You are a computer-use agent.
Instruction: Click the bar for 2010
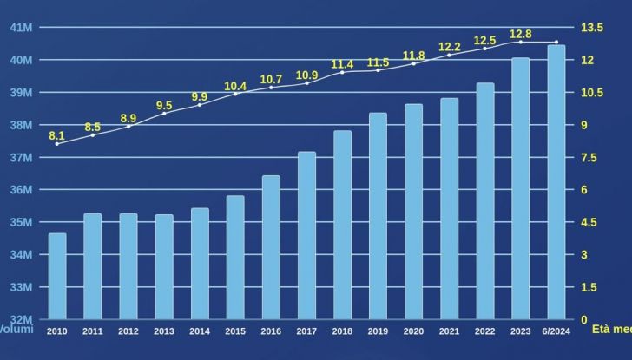pos(57,276)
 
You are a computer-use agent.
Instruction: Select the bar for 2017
pos(306,235)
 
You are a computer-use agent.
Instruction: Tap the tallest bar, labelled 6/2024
pos(556,182)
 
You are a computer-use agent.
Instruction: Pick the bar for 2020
pos(413,212)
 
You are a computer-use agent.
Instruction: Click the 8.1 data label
pos(56,135)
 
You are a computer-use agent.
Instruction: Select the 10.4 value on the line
pos(235,86)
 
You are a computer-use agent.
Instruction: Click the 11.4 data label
pos(342,64)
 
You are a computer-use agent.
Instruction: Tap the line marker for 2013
pos(164,114)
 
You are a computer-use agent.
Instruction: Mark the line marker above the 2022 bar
pos(484,49)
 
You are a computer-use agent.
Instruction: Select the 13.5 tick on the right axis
pos(592,28)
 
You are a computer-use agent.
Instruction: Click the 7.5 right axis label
pos(589,157)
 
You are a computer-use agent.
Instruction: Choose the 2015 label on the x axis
pos(235,331)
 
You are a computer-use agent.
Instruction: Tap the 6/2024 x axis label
pos(556,331)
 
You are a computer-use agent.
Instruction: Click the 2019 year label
pos(378,331)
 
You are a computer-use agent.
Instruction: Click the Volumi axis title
pos(15,330)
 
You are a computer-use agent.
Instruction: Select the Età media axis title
pos(611,330)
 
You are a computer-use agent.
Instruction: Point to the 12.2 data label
pos(449,46)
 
